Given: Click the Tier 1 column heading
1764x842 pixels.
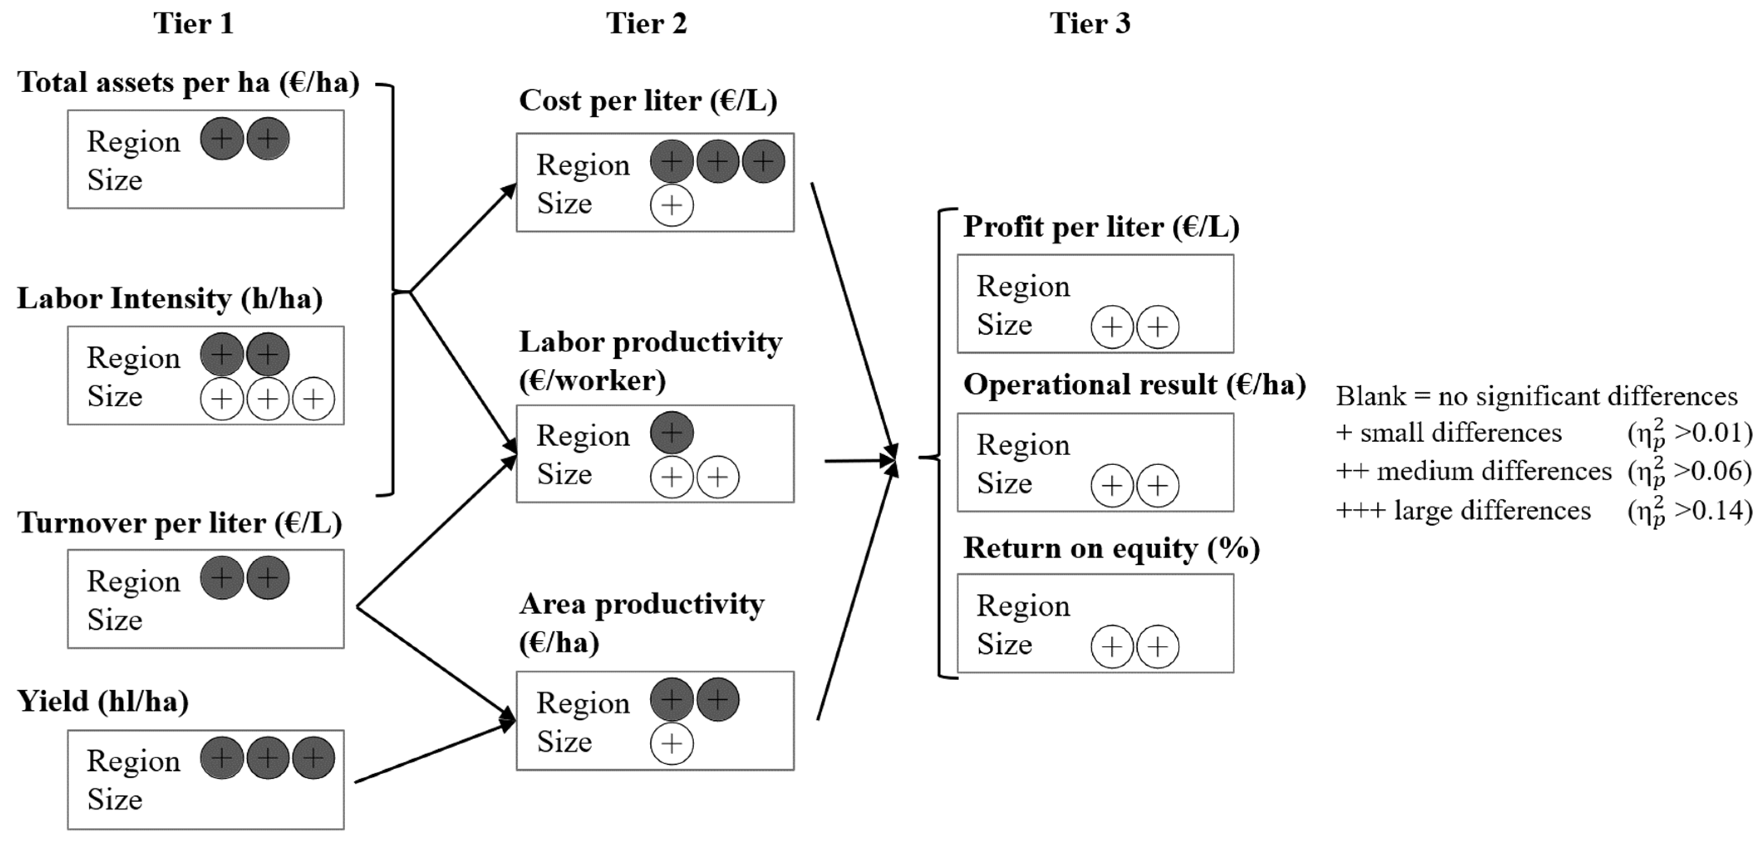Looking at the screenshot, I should (x=193, y=24).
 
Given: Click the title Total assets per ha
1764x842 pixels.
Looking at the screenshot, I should (x=188, y=83).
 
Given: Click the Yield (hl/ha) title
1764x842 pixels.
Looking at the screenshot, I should (x=103, y=701).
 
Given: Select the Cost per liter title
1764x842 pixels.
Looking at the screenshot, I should (x=648, y=101).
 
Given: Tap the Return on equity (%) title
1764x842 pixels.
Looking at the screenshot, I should (x=1111, y=548).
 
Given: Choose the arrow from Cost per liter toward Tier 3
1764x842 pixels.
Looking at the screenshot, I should (x=853, y=319).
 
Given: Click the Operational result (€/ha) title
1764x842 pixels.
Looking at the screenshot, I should (x=1134, y=385).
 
